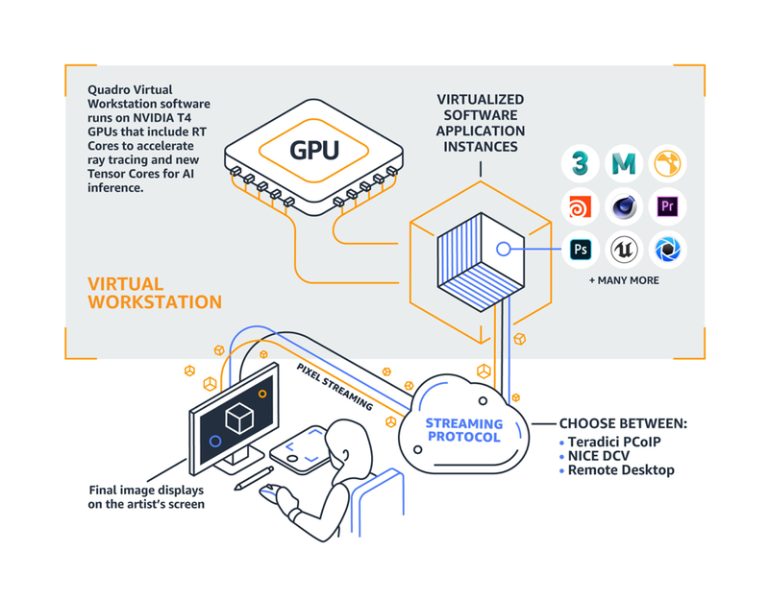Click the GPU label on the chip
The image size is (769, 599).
(315, 151)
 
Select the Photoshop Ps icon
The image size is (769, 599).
(581, 250)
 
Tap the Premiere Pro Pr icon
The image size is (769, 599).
(667, 206)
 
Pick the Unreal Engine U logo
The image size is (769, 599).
(624, 250)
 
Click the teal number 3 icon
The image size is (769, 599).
(581, 164)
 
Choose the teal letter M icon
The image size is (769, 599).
(624, 164)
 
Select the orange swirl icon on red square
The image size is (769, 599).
(581, 206)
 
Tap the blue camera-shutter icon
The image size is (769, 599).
(667, 250)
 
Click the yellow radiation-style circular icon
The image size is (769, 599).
(667, 164)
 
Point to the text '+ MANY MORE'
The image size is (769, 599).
(624, 281)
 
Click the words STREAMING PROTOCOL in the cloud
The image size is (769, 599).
(464, 430)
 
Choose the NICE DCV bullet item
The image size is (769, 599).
(601, 456)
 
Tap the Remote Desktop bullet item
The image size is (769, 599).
(620, 470)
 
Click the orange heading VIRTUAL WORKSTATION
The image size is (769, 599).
(154, 293)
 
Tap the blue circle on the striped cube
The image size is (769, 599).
(503, 250)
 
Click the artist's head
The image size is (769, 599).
(347, 443)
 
